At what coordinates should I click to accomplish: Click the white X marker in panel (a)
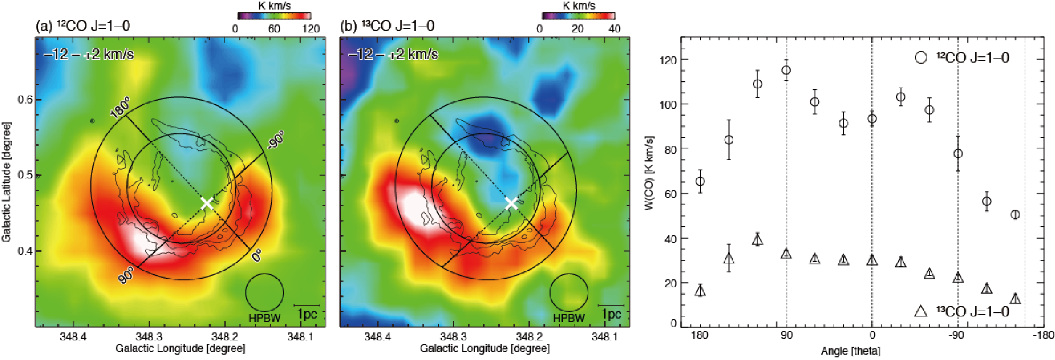point(207,203)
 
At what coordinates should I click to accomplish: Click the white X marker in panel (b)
point(511,203)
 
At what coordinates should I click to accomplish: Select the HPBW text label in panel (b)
point(569,318)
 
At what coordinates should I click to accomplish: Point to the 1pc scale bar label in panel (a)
point(307,314)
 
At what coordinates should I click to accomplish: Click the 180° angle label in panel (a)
point(120,108)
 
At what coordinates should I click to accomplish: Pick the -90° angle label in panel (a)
point(276,140)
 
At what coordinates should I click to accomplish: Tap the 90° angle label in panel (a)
point(126,275)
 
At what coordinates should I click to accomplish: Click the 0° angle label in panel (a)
point(256,255)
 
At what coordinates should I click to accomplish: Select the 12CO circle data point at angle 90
point(786,71)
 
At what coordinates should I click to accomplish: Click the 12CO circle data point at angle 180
point(700,182)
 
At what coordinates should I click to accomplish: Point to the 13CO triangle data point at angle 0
point(872,260)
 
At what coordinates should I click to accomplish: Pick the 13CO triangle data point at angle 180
point(700,290)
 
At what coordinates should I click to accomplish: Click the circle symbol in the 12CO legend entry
point(921,57)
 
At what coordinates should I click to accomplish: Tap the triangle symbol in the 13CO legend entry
point(921,311)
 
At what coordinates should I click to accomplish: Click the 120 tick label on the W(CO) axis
point(668,60)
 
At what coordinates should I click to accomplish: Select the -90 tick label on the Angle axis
point(956,335)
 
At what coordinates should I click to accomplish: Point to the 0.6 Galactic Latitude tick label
point(25,100)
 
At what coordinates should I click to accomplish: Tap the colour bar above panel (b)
point(578,16)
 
